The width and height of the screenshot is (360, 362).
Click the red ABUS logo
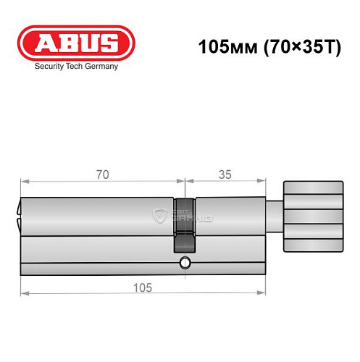click(76, 43)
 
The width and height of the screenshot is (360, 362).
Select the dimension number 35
click(224, 174)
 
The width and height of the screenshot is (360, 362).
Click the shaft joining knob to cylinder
click(275, 217)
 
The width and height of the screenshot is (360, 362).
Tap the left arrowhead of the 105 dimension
click(23, 293)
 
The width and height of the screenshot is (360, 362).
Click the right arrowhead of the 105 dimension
click(262, 293)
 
